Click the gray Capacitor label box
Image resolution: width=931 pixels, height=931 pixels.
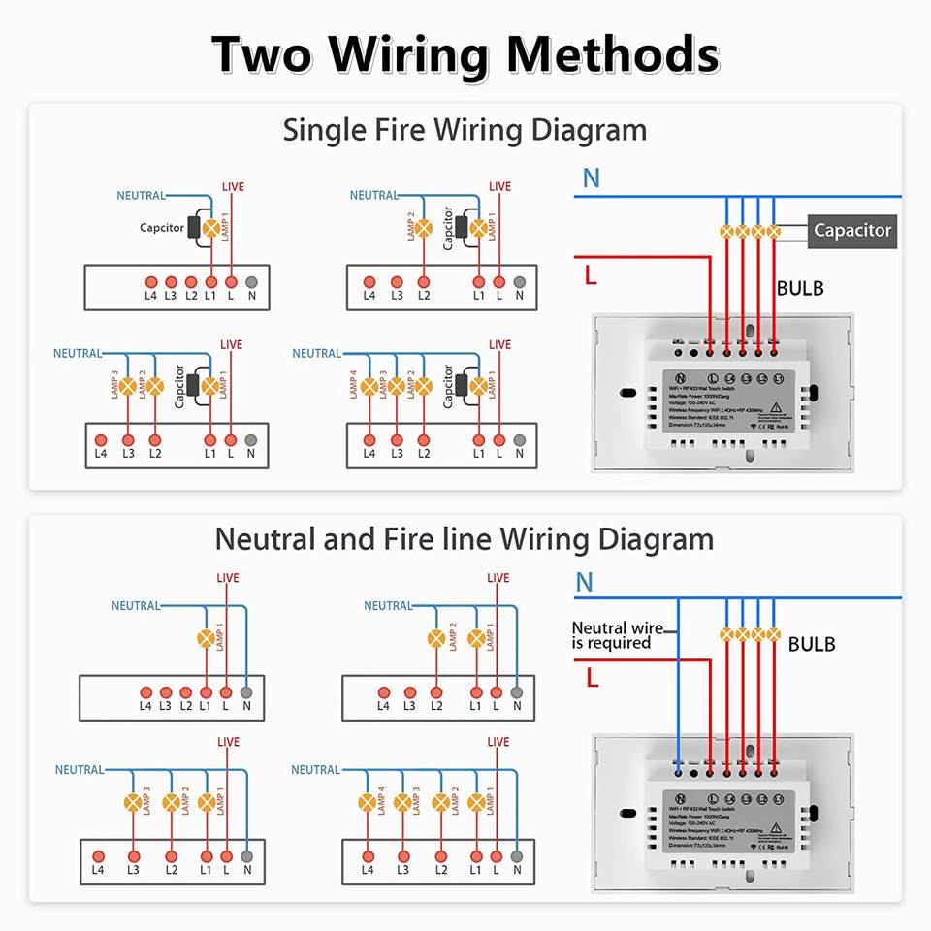pos(852,231)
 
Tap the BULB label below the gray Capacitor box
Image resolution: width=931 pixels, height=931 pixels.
pos(800,288)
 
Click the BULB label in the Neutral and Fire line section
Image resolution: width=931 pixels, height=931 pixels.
pos(812,644)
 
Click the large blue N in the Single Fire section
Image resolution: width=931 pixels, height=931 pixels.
pos(591,178)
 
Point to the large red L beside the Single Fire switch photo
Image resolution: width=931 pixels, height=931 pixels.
pos(590,274)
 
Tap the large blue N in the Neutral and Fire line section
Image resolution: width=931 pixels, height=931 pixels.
pos(585,583)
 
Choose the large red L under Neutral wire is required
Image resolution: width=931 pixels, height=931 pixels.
pos(592,676)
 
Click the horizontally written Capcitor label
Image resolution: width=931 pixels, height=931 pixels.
pos(162,228)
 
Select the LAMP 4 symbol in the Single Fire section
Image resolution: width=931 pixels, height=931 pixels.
pos(369,386)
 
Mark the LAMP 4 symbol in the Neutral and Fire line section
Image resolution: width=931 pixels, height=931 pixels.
pos(368,803)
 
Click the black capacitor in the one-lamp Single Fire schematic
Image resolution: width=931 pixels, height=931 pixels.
pos(193,228)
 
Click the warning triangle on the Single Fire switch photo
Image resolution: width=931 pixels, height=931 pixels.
pos(774,407)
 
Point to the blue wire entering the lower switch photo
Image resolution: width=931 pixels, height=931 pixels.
pos(678,698)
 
